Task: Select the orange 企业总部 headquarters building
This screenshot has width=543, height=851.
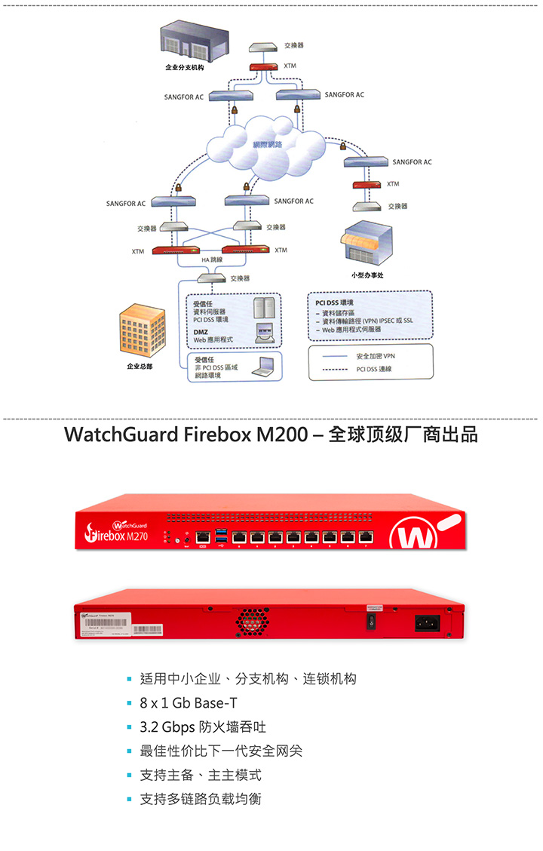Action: [143, 331]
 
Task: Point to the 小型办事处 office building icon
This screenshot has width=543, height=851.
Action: [367, 244]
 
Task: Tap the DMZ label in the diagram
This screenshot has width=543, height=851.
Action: [201, 331]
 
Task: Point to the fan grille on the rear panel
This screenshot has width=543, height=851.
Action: [254, 621]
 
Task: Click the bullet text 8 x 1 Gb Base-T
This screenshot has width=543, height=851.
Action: [189, 703]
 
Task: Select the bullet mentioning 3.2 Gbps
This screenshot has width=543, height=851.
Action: [202, 727]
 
